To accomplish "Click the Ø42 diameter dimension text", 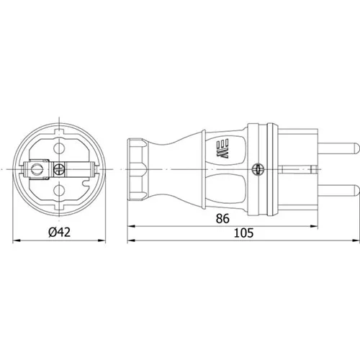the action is pyautogui.click(x=60, y=233).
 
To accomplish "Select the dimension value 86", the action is pyautogui.click(x=222, y=218).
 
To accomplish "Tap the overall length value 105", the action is pyautogui.click(x=243, y=233).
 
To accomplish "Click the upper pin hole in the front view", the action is pyautogui.click(x=59, y=148).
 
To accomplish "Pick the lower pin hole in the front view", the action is pyautogui.click(x=59, y=191).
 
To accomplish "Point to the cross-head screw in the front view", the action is pyautogui.click(x=59, y=169).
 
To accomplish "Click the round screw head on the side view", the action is pyautogui.click(x=257, y=170).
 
